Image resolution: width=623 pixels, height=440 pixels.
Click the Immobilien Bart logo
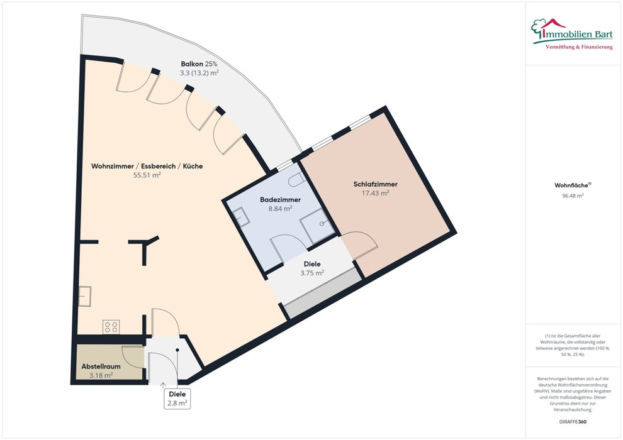(x=572, y=34)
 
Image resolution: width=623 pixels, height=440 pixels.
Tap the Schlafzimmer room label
(x=376, y=184)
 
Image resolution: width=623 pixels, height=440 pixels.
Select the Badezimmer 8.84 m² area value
(x=281, y=208)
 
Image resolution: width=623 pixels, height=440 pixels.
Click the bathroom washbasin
(x=241, y=218)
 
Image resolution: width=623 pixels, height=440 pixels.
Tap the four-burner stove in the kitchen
(x=111, y=327)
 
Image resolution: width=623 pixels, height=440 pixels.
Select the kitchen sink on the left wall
(x=84, y=297)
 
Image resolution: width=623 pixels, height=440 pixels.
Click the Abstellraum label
(x=101, y=366)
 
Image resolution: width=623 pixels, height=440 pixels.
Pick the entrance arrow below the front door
(x=163, y=385)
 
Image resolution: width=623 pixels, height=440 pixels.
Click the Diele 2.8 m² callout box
(x=177, y=399)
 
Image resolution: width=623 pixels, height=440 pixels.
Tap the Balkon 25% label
(x=199, y=64)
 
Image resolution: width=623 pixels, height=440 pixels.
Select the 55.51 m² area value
(x=147, y=175)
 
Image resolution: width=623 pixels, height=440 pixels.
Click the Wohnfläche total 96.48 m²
(x=573, y=195)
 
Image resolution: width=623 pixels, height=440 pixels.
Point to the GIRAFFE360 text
(x=573, y=422)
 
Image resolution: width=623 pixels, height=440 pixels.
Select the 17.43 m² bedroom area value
(x=376, y=193)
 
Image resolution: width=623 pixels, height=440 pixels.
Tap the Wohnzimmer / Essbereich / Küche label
(x=147, y=166)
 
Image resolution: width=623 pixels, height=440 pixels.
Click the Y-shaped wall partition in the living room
(x=144, y=248)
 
